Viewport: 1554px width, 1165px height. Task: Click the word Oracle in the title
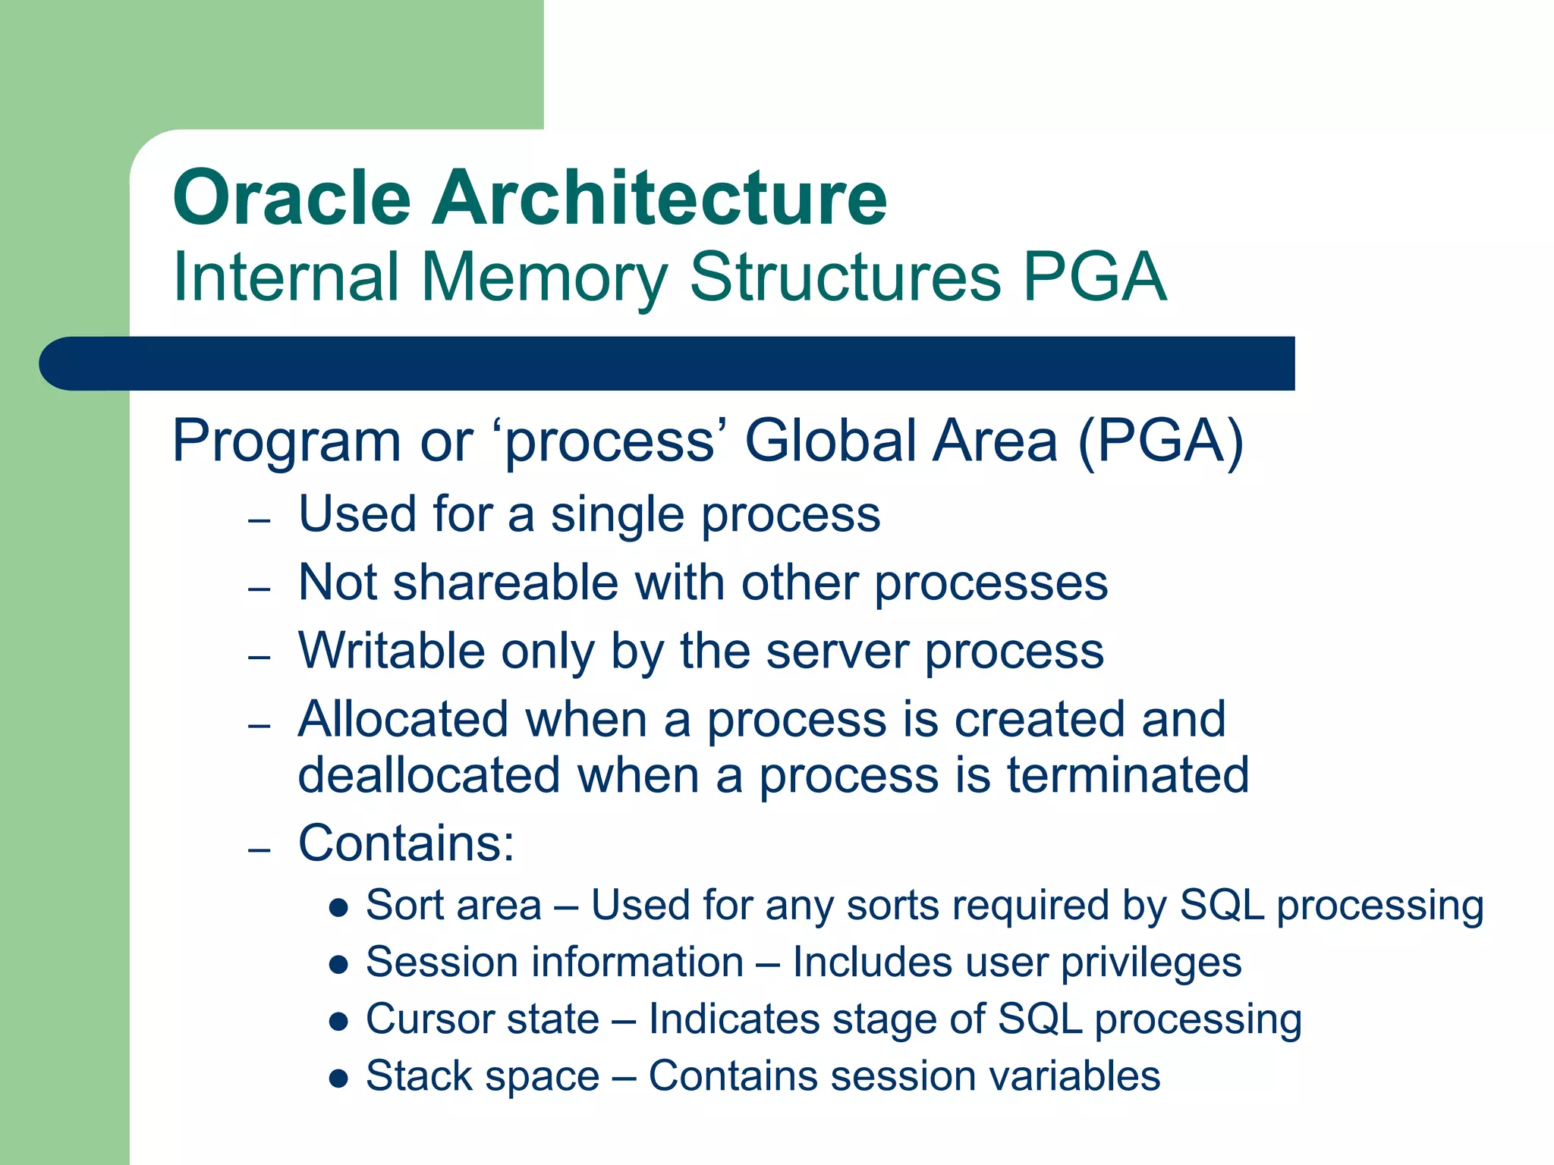tap(292, 199)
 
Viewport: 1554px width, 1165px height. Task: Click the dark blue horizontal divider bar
tap(666, 363)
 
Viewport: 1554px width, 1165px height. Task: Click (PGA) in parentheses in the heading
tap(1161, 441)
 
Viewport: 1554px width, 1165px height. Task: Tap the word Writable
tap(392, 652)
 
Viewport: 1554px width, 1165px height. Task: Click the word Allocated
tap(403, 719)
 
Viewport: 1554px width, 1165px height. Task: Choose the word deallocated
tap(429, 775)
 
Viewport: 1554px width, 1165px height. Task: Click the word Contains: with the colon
tap(407, 843)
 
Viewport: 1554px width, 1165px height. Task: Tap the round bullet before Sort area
tap(338, 907)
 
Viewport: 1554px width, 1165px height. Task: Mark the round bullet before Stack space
tap(338, 1078)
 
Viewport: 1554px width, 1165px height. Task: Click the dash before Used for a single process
tap(260, 521)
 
